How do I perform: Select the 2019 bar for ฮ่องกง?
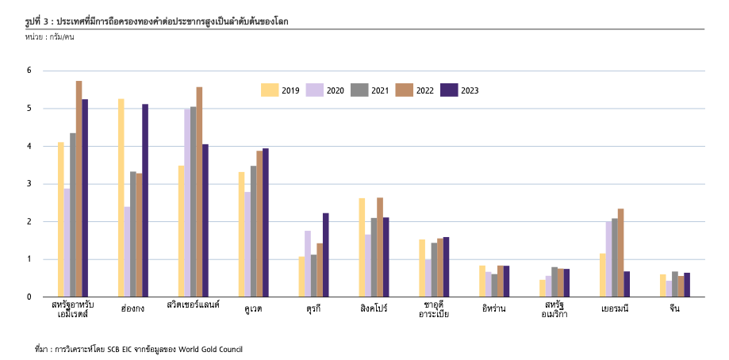[x=121, y=197]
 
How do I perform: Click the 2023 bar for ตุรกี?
[x=326, y=255]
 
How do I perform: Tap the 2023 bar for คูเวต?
[x=266, y=222]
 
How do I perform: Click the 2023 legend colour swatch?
[x=450, y=90]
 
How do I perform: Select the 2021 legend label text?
[x=380, y=90]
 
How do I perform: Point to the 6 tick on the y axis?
[x=29, y=71]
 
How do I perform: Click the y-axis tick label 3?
[x=29, y=184]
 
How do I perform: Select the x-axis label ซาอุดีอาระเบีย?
[x=434, y=309]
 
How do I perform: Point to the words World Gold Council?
[x=211, y=349]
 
